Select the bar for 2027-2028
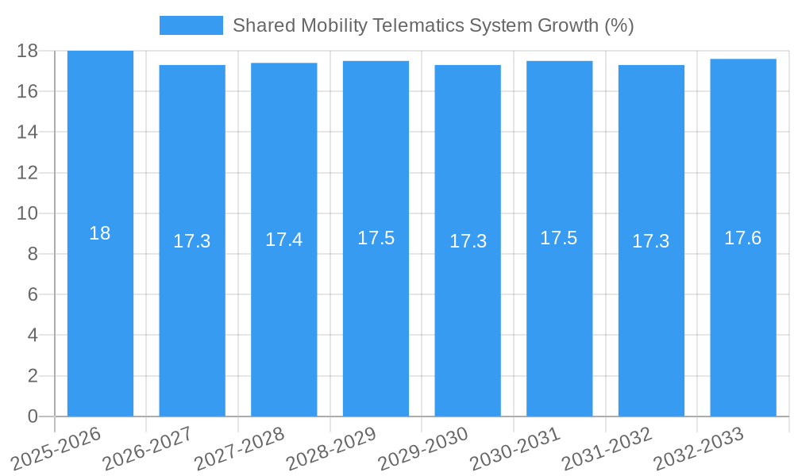(x=284, y=317)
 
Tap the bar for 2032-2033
(x=743, y=317)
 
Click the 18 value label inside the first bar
(x=100, y=233)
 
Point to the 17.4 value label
(x=284, y=240)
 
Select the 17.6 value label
(x=743, y=238)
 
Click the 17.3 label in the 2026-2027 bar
(x=192, y=241)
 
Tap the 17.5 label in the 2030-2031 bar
(x=559, y=238)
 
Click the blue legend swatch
(x=191, y=25)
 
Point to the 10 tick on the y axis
(x=27, y=213)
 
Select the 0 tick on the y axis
(x=33, y=416)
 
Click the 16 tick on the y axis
(x=27, y=91)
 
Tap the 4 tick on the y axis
(x=33, y=335)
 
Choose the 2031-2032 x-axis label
(x=607, y=449)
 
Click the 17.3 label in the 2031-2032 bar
(x=651, y=241)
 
